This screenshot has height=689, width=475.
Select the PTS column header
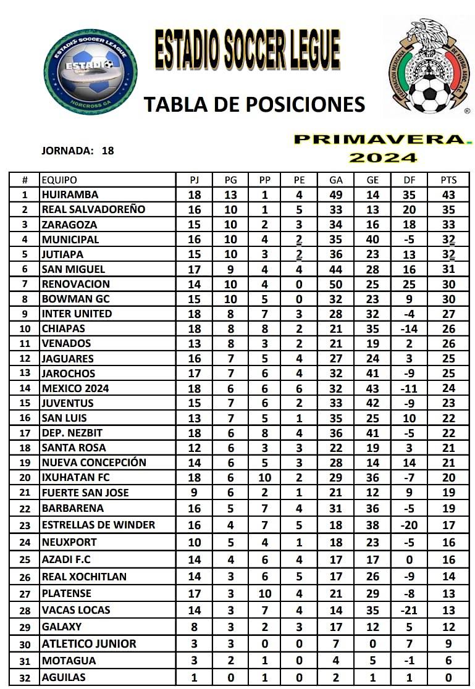pos(448,180)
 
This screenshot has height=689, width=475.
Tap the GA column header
pos(336,180)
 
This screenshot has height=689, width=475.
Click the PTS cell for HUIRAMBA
pos(448,194)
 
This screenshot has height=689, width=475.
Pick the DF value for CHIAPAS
pos(410,328)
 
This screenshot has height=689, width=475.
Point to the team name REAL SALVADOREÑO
pos(93,209)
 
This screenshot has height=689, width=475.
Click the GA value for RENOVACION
pos(336,284)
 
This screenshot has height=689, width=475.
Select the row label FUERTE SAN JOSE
pos(85,493)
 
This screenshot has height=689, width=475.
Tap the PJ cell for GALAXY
pos(195,627)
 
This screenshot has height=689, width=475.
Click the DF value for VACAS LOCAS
pos(410,610)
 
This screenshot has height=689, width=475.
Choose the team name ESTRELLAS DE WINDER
pos(98,525)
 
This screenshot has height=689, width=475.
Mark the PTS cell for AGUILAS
pos(448,677)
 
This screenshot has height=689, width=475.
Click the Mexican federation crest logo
pos(428,67)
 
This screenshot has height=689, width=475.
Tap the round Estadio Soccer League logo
pos(91,72)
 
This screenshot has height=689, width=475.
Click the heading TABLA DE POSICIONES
pos(254,104)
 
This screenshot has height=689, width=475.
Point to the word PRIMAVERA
pos(379,140)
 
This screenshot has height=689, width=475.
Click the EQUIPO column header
pos(59,180)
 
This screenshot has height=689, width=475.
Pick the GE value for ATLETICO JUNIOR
pos(373,643)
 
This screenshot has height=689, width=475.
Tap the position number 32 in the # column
pos(25,677)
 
